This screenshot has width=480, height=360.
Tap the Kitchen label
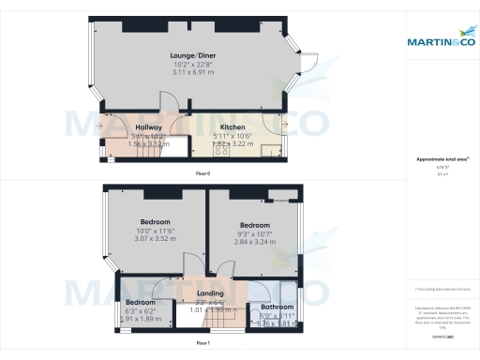point(232,127)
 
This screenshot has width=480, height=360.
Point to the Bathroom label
point(277,307)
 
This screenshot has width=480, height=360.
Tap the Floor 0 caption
point(202,174)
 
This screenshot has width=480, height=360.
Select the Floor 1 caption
point(202,344)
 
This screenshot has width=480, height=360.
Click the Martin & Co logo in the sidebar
point(439,40)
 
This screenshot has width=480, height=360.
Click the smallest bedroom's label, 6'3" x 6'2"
point(140,311)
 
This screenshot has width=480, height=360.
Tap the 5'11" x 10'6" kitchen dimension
point(232,136)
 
